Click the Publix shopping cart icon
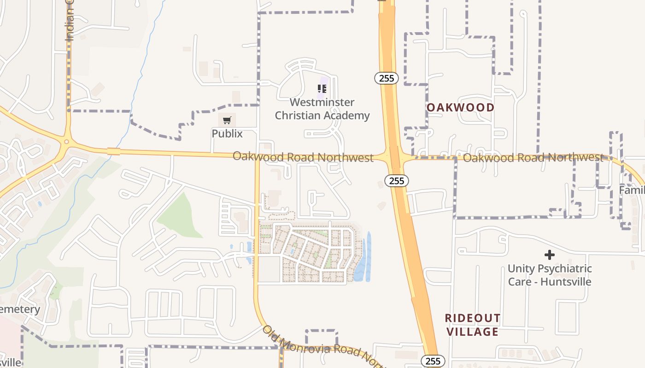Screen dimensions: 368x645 tap(227, 121)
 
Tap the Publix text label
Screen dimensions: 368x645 tap(227, 133)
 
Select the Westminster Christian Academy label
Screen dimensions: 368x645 tap(322, 109)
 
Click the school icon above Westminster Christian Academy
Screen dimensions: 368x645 tap(322, 89)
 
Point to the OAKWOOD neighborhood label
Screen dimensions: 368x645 tap(460, 108)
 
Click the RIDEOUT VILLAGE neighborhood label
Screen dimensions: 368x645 tap(472, 325)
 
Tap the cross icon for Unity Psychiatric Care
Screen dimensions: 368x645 tap(549, 254)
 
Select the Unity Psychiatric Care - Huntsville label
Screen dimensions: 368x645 tap(549, 275)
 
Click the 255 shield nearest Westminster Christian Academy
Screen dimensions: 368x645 tap(386, 78)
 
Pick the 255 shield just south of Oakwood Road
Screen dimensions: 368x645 tap(396, 181)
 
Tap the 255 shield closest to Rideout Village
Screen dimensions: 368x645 tap(433, 361)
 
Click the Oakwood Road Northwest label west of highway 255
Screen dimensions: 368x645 tap(303, 157)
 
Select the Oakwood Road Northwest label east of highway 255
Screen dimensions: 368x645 tap(533, 158)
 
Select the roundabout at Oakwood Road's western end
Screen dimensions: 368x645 tap(67, 142)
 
